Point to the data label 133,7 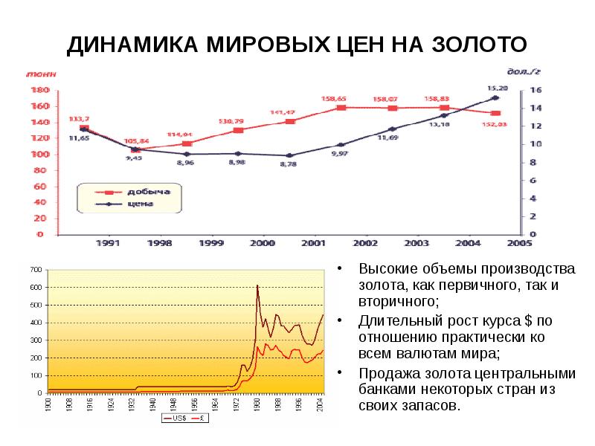pyautogui.click(x=80, y=119)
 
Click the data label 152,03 pyautogui.click(x=494, y=124)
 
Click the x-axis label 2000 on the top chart pyautogui.click(x=261, y=243)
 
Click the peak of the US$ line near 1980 pyautogui.click(x=257, y=285)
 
